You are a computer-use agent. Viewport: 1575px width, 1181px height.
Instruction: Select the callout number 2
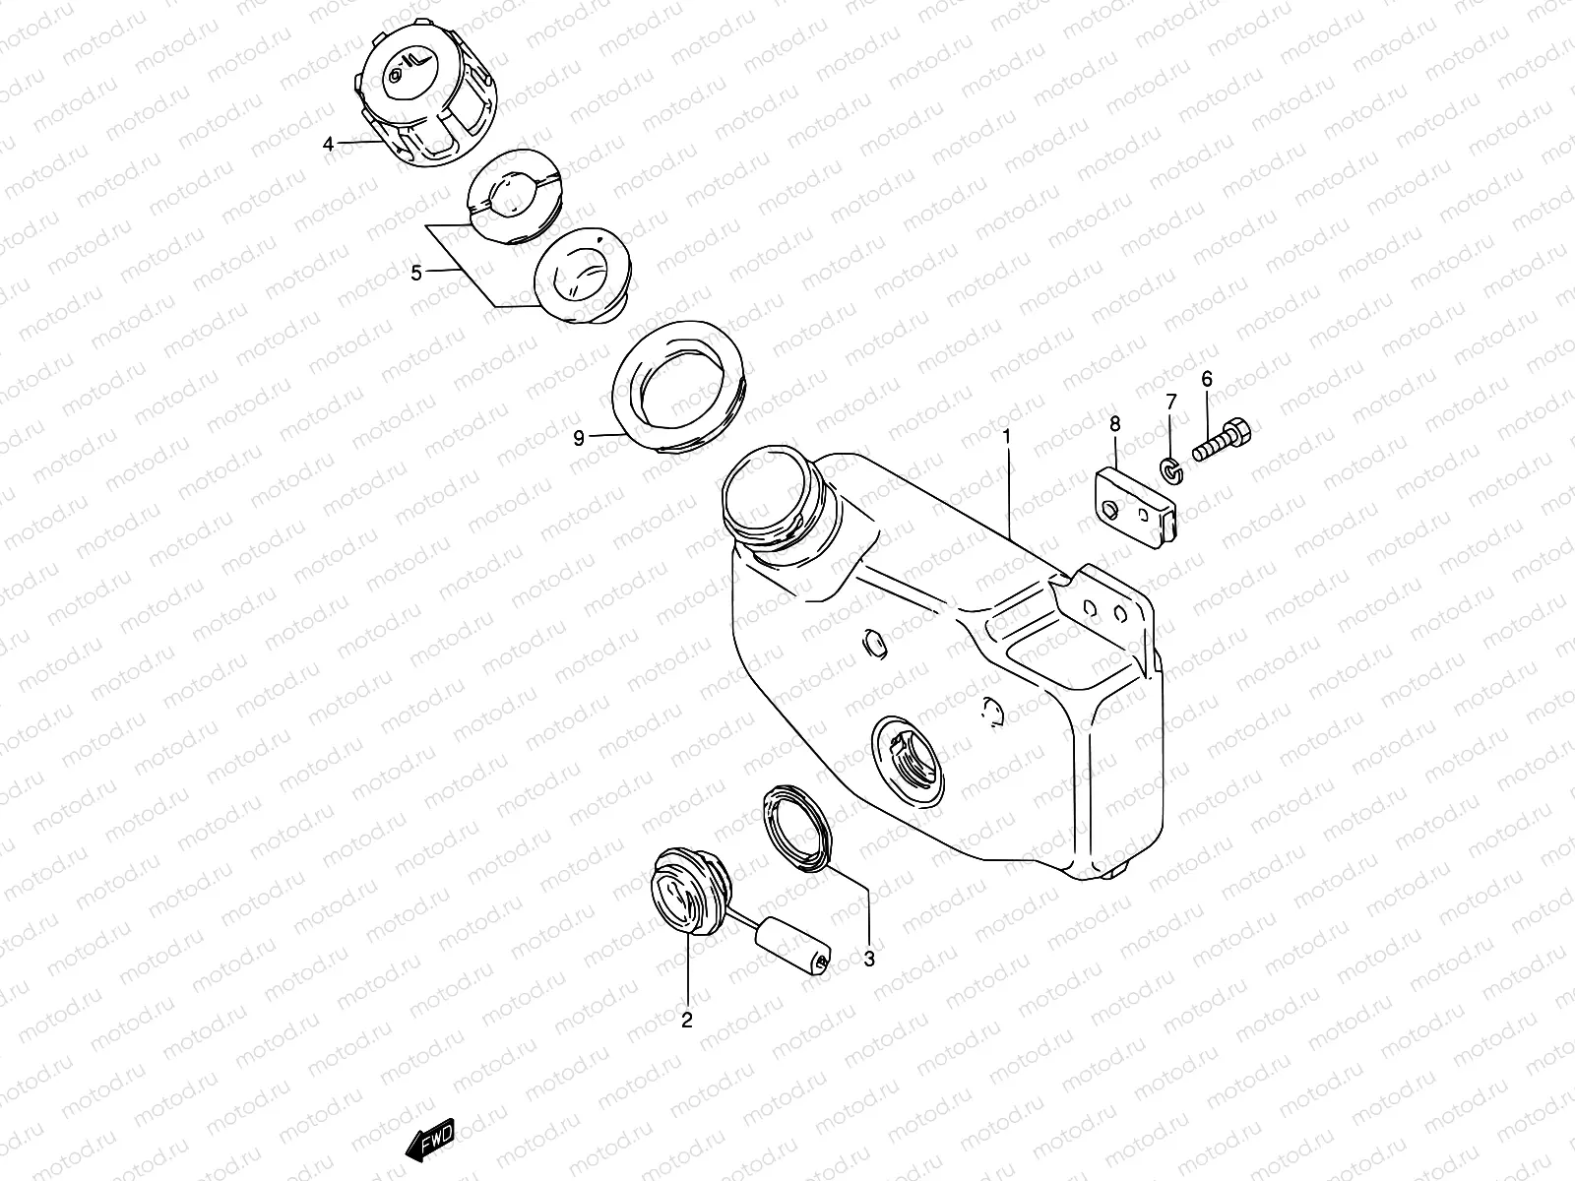click(x=686, y=1021)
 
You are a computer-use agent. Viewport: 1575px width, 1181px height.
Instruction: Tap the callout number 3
click(x=869, y=958)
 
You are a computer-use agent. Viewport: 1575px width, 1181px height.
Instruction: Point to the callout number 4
click(x=329, y=145)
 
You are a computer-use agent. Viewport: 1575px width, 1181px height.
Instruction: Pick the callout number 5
click(x=416, y=273)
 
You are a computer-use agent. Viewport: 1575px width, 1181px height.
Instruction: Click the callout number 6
click(x=1207, y=379)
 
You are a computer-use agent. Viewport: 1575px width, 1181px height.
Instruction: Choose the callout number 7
click(x=1170, y=402)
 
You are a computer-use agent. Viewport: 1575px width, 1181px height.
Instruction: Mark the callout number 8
click(x=1114, y=423)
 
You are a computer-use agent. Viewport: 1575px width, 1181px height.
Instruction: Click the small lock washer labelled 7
click(x=1169, y=473)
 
